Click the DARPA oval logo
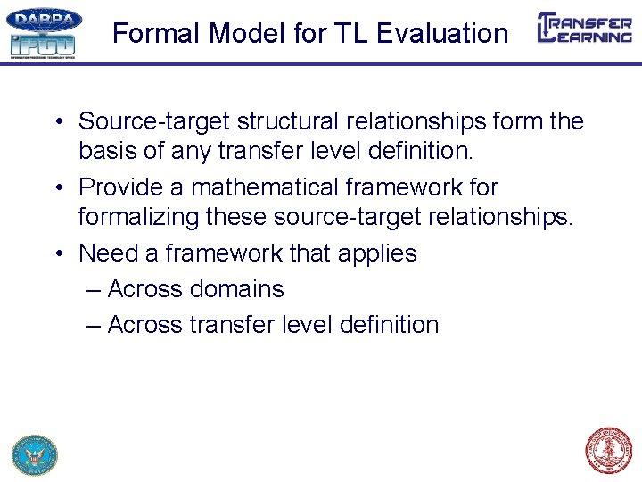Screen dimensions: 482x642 coord(44,20)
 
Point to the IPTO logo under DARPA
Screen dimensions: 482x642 coord(42,45)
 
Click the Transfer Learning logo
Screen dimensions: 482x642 coord(584,28)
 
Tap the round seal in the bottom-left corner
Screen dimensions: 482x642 coord(35,454)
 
